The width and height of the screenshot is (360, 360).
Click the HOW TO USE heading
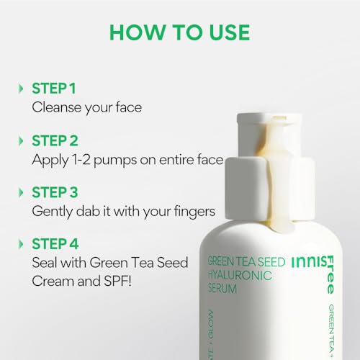coord(179,32)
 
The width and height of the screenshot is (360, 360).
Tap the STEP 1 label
coord(54,89)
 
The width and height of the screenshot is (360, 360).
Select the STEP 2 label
coord(55,140)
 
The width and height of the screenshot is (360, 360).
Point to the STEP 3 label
coord(55,192)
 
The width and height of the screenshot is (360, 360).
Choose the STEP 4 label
coord(55,244)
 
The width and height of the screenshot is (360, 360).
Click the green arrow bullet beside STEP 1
coord(21,89)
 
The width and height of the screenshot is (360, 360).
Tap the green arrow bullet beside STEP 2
coord(21,140)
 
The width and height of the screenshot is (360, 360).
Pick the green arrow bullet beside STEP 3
coord(21,192)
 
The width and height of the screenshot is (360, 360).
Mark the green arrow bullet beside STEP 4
coord(21,244)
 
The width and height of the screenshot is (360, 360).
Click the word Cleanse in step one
coord(57,107)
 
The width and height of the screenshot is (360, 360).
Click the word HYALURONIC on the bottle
coord(240,275)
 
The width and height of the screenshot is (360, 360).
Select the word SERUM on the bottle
coord(222,289)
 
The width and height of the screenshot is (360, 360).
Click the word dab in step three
coord(88,211)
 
